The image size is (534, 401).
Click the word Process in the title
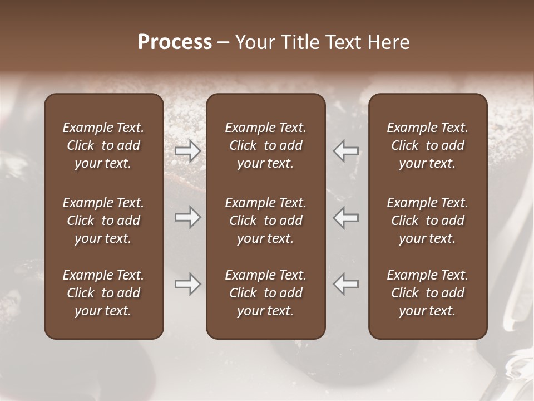(175, 42)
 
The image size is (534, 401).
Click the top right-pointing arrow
(187, 150)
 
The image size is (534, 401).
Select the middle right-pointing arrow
(187, 217)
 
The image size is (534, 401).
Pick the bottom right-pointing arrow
(187, 284)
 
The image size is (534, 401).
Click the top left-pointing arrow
(346, 150)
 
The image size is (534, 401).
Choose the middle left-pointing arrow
(346, 217)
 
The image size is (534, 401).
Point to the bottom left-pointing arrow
(346, 284)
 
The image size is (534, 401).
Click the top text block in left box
(103, 145)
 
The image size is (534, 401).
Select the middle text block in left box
(103, 221)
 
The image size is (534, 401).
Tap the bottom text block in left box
(103, 293)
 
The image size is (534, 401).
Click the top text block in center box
(265, 145)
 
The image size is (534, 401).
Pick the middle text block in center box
(265, 221)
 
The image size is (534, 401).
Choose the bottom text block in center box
(265, 293)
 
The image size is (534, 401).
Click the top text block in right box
(427, 145)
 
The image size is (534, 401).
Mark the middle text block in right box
(427, 221)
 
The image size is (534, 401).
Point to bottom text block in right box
(427, 293)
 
